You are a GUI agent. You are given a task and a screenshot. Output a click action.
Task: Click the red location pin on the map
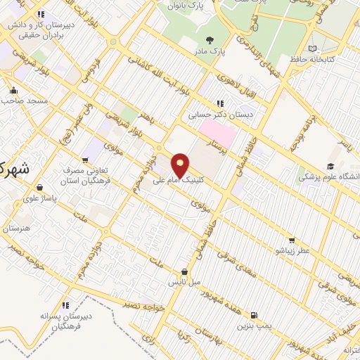(181, 164)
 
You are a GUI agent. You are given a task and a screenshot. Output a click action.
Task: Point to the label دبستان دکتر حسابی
(220, 114)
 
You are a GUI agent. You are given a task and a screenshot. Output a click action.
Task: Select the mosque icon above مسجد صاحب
(13, 90)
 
